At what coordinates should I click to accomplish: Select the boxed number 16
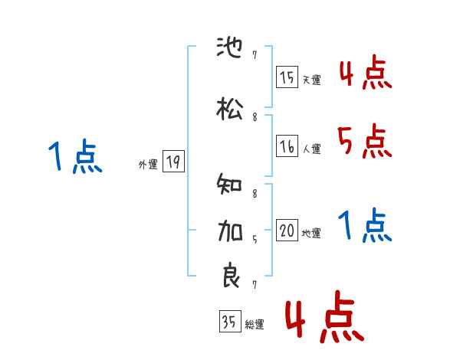pyautogui.click(x=287, y=146)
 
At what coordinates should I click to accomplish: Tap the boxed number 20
pyautogui.click(x=287, y=231)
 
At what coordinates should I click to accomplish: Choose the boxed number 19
pyautogui.click(x=173, y=162)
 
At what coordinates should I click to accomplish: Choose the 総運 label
pyautogui.click(x=254, y=325)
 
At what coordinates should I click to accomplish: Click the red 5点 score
pyautogui.click(x=363, y=140)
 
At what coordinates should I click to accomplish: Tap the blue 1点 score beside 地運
pyautogui.click(x=363, y=226)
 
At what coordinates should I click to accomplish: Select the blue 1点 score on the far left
pyautogui.click(x=74, y=157)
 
